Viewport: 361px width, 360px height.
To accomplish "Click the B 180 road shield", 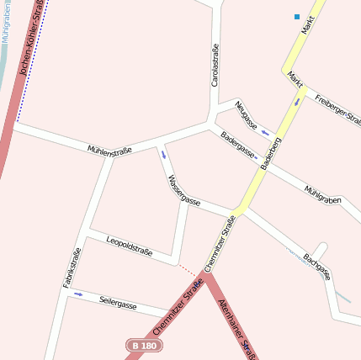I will point(144,346).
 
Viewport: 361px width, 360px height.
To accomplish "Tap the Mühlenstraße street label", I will point(109,150).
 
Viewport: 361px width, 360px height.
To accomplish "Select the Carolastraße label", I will point(215,66).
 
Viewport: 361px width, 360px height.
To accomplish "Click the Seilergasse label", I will point(118,304).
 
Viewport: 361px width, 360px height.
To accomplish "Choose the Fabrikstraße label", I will point(72,268).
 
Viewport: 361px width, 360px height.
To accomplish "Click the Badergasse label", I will point(237,145).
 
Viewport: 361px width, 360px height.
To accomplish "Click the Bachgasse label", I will point(317,267).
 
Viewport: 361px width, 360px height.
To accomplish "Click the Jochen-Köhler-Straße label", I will point(33,38).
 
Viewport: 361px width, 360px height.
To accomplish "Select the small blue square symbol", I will point(297,16).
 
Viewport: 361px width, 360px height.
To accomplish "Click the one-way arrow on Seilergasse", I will point(78,294).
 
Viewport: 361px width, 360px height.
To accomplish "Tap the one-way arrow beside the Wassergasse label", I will point(163,154).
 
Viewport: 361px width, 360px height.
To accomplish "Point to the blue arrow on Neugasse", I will point(264,132).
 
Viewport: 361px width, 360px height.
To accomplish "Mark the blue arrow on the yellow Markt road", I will point(296,102).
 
